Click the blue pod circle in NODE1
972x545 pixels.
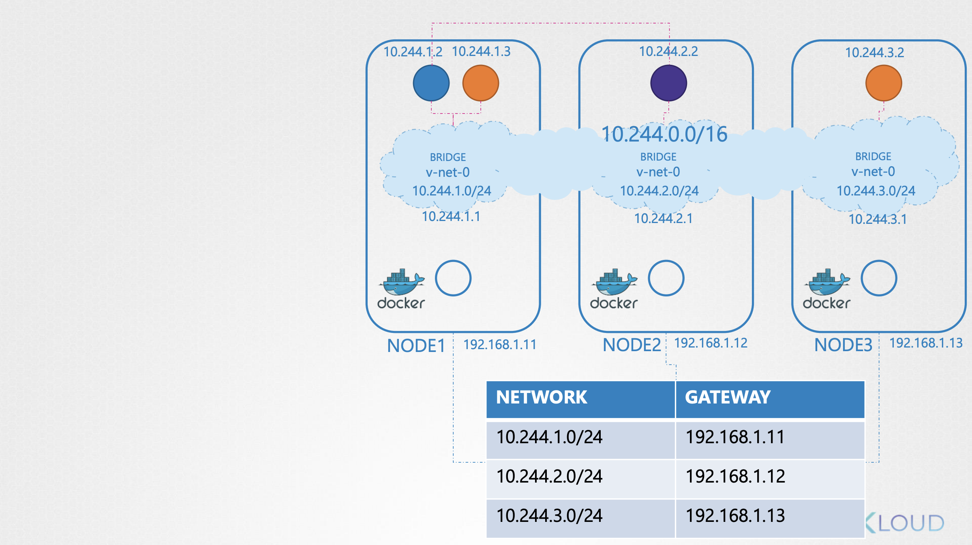(431, 83)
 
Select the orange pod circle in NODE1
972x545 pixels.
(481, 83)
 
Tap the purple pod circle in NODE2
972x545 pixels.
(669, 83)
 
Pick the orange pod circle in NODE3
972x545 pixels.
(884, 83)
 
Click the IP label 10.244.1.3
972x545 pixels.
(481, 51)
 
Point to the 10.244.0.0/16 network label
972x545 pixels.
(664, 134)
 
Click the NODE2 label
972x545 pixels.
(632, 345)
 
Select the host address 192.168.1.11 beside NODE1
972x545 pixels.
(500, 345)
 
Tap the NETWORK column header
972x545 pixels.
(542, 397)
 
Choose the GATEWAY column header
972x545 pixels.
(728, 397)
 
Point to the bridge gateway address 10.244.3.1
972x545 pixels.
(878, 219)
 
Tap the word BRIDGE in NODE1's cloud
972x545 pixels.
(448, 157)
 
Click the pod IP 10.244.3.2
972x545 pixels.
(875, 53)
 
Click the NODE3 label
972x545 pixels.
(844, 345)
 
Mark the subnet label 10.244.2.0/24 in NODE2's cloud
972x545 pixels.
(659, 191)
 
